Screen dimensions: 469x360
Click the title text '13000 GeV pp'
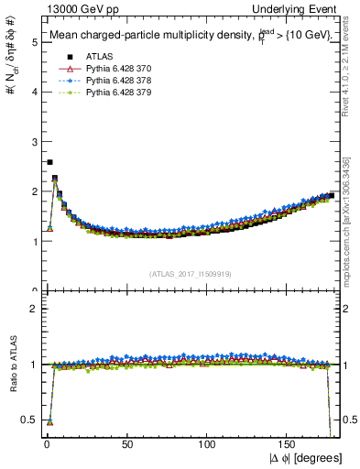[x=69, y=8]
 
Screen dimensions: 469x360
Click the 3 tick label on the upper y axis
[x=32, y=142]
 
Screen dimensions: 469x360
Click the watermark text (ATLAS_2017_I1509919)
[x=191, y=274]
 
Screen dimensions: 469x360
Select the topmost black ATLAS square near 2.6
[x=49, y=162]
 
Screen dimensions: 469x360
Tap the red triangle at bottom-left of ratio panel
[x=49, y=422]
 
